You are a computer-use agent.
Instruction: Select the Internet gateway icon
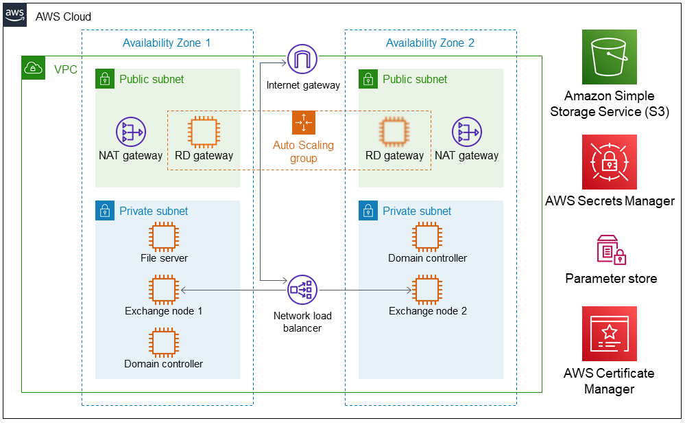point(302,60)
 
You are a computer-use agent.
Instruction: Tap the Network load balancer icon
point(302,290)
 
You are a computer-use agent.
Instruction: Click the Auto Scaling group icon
point(303,122)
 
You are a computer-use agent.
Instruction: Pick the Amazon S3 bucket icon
point(609,57)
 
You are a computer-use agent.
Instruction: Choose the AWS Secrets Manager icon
point(609,162)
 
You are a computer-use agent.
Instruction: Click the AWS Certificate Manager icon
point(609,334)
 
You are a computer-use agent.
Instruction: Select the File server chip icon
point(164,237)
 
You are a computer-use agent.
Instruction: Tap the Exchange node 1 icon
point(164,290)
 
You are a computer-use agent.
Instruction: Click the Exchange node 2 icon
point(427,290)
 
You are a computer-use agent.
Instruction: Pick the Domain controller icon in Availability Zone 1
point(164,342)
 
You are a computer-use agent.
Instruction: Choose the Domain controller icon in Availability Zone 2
point(427,237)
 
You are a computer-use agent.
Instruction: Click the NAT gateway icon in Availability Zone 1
point(130,132)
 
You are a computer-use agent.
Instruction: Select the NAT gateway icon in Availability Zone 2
point(467,132)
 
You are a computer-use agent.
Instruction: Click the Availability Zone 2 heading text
point(430,43)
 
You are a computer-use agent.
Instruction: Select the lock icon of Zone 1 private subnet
point(104,211)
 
